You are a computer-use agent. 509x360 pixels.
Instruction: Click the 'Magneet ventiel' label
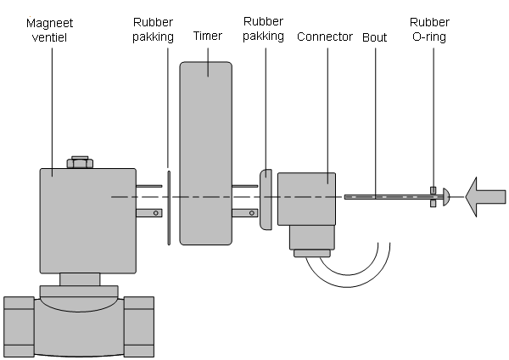(50, 31)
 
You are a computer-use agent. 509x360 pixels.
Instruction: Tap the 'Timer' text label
(208, 36)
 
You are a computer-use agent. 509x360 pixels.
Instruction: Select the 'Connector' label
(325, 37)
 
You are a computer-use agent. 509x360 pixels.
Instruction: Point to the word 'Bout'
(375, 37)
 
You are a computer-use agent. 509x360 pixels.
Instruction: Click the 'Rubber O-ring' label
(429, 30)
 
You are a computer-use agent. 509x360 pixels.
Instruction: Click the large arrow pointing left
(485, 197)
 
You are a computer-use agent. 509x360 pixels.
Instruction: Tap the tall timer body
(206, 153)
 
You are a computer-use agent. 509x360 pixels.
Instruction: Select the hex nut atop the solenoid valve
(80, 162)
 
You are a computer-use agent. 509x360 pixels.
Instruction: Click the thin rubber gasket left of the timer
(169, 208)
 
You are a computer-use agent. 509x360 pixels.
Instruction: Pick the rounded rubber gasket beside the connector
(266, 200)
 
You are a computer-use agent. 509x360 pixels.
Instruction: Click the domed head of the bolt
(446, 197)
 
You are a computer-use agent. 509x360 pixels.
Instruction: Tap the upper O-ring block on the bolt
(433, 190)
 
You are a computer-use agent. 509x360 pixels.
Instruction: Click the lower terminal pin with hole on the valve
(149, 213)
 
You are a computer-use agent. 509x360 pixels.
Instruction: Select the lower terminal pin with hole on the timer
(245, 213)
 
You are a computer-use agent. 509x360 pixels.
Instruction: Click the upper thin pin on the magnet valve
(149, 186)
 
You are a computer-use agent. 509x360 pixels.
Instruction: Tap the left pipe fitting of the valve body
(19, 327)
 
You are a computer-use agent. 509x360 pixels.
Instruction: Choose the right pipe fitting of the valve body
(139, 327)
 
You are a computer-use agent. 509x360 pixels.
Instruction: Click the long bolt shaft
(394, 197)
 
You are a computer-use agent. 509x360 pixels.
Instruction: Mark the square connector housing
(306, 199)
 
